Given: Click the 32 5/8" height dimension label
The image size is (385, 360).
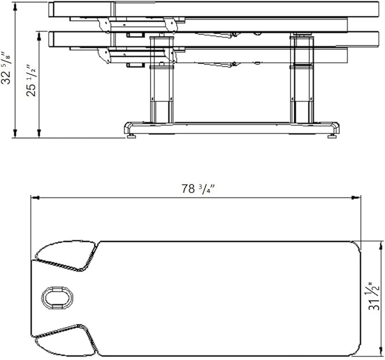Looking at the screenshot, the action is pyautogui.click(x=6, y=68).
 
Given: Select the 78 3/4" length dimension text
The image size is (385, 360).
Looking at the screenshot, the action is pyautogui.click(x=198, y=189).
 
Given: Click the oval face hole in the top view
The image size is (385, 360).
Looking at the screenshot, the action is pyautogui.click(x=57, y=298).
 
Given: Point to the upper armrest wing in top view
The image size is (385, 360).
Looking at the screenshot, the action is pyautogui.click(x=66, y=255).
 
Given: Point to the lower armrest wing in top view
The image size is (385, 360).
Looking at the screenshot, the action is pyautogui.click(x=66, y=341).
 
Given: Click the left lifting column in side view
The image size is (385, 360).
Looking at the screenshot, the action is pyautogui.click(x=162, y=80).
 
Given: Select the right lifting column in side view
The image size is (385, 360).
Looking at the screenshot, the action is pyautogui.click(x=302, y=80).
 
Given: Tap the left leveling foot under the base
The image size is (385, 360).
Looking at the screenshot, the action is pyautogui.click(x=132, y=136).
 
